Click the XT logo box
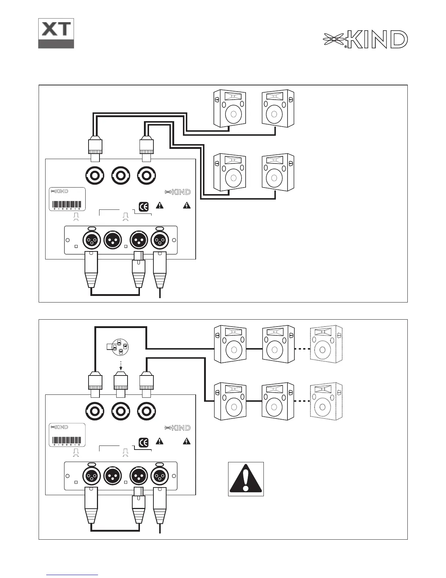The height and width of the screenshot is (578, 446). (56, 33)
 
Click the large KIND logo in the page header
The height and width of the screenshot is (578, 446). (365, 40)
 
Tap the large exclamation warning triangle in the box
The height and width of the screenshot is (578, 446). (246, 479)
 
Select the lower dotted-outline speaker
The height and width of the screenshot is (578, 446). (326, 401)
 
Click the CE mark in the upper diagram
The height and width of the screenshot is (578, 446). (144, 207)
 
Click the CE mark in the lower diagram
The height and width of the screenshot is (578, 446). (144, 443)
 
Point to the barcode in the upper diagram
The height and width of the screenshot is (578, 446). (67, 204)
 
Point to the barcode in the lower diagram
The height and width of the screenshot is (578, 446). (67, 440)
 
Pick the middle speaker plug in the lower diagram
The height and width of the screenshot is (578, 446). (121, 385)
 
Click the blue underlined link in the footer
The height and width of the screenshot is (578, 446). (72, 574)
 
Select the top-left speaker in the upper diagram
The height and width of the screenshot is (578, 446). (230, 108)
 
